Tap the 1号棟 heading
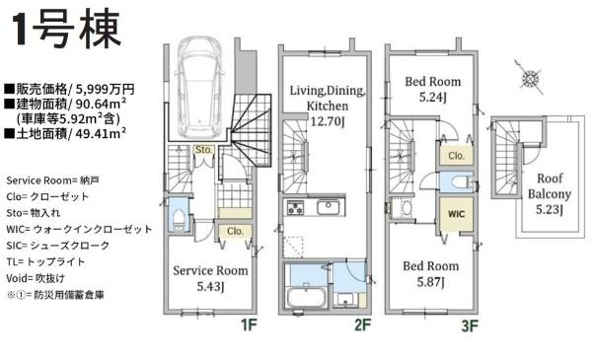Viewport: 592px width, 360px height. (x=67, y=30)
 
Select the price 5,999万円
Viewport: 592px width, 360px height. (x=106, y=89)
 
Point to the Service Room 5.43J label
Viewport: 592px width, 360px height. (x=210, y=278)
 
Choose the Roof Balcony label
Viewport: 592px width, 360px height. (x=550, y=193)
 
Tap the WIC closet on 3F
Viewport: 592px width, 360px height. (x=456, y=214)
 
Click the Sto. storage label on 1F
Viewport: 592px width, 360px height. (x=204, y=150)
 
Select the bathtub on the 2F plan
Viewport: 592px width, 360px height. (x=306, y=297)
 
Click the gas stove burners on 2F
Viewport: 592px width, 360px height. (x=296, y=207)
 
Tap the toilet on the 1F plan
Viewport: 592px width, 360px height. (x=178, y=220)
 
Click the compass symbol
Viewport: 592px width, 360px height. (x=530, y=79)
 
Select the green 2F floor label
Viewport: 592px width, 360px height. (x=363, y=324)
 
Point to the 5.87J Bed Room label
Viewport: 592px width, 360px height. (x=431, y=274)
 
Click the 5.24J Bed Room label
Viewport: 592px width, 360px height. (x=433, y=90)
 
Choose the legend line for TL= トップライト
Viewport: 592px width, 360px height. (x=45, y=261)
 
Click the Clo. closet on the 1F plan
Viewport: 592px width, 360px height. (x=235, y=231)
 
